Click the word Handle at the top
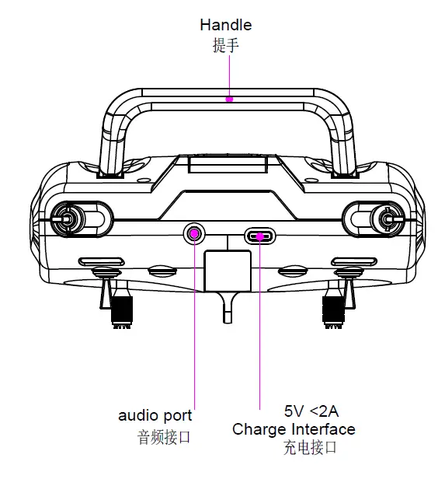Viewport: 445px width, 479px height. (x=225, y=25)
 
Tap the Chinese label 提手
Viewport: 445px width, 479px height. (x=225, y=45)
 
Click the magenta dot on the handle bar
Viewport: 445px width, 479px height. (x=229, y=99)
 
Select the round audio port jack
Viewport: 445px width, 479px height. (x=194, y=233)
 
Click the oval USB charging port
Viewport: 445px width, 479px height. (x=259, y=236)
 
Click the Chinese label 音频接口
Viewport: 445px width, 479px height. (x=163, y=437)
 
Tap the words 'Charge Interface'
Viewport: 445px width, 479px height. (x=294, y=429)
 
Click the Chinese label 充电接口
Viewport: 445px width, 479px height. (x=310, y=447)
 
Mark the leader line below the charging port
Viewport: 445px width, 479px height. (x=259, y=327)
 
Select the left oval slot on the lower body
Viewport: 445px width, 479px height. (x=100, y=262)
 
